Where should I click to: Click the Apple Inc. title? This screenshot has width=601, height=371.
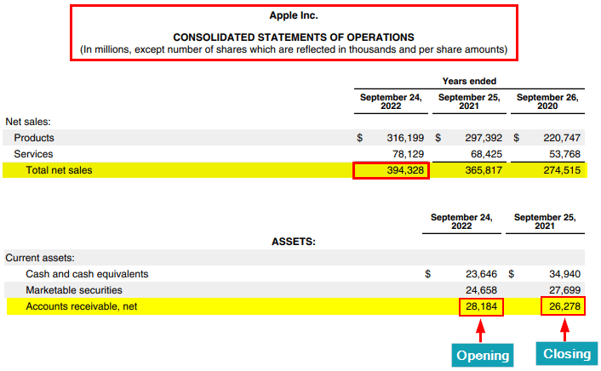tap(294, 15)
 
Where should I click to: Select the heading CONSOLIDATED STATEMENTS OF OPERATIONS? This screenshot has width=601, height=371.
tap(294, 37)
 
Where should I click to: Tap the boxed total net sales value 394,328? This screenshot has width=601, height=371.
tap(392, 170)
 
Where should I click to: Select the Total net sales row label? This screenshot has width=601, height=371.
tap(59, 170)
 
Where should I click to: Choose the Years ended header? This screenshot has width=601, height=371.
tap(469, 82)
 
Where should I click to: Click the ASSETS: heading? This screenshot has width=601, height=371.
tap(294, 242)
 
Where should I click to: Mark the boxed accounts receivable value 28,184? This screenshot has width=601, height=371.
tap(481, 306)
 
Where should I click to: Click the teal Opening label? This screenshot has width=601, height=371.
tap(482, 355)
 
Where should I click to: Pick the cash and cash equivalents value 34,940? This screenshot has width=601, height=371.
tap(560, 274)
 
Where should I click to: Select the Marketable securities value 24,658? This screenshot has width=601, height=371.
tap(481, 290)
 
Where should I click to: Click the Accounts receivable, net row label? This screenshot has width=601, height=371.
tap(82, 306)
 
